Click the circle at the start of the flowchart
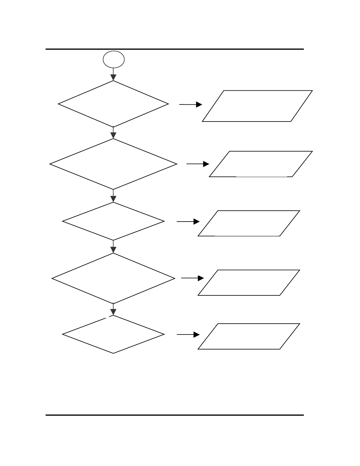click(x=114, y=59)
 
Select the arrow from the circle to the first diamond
click(x=113, y=74)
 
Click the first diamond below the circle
click(x=113, y=104)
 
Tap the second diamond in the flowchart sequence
click(x=113, y=164)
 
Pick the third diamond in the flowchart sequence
click(x=113, y=221)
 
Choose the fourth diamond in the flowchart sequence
click(x=113, y=278)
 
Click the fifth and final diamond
click(x=113, y=334)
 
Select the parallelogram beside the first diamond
click(x=257, y=106)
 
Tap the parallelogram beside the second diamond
click(x=261, y=164)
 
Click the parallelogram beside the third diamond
click(x=249, y=223)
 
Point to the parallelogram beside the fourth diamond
click(x=249, y=282)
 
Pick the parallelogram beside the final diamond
click(x=249, y=336)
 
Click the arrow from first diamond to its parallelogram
click(x=191, y=104)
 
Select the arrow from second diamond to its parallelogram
click(x=198, y=164)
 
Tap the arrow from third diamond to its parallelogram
click(x=188, y=222)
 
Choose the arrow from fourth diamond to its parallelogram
click(x=192, y=278)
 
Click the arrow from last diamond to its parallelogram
click(x=188, y=334)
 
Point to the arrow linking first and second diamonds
click(x=113, y=133)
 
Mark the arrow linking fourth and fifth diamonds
click(x=113, y=309)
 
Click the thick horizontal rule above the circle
click(x=174, y=49)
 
